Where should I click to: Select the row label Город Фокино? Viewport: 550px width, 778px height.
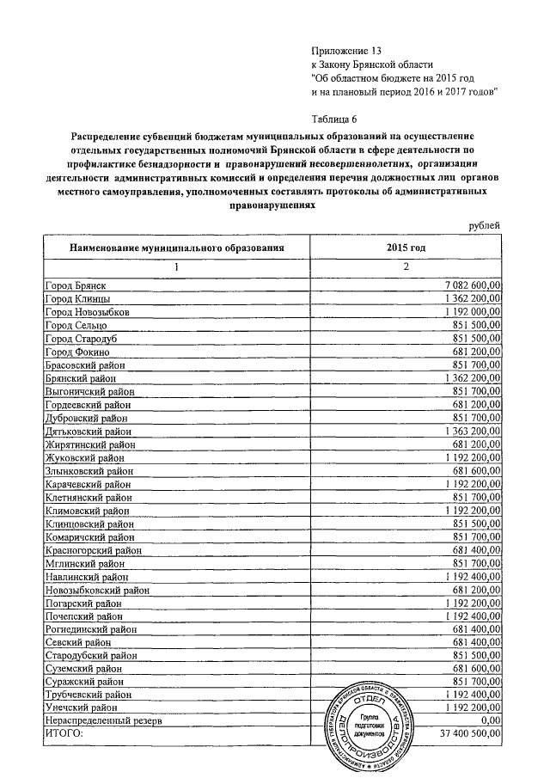[x=76, y=352]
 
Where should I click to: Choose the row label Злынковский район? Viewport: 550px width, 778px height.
[x=89, y=472]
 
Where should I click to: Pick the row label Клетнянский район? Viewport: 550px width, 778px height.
[x=89, y=498]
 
